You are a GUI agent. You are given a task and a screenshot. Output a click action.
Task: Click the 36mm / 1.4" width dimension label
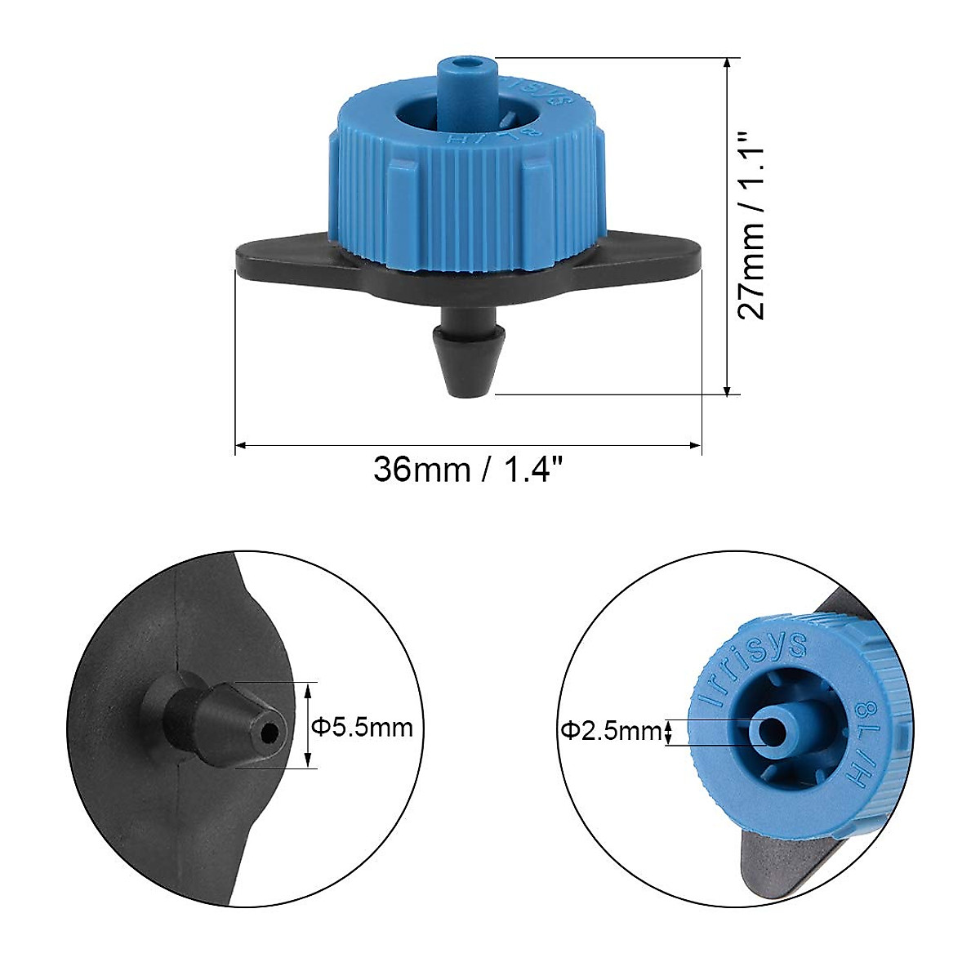point(468,470)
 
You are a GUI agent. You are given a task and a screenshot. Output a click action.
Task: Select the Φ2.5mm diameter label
point(610,731)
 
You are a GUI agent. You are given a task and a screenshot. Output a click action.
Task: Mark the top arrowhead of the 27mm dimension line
point(728,63)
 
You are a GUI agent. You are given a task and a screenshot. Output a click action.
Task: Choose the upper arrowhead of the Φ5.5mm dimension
point(308,689)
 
